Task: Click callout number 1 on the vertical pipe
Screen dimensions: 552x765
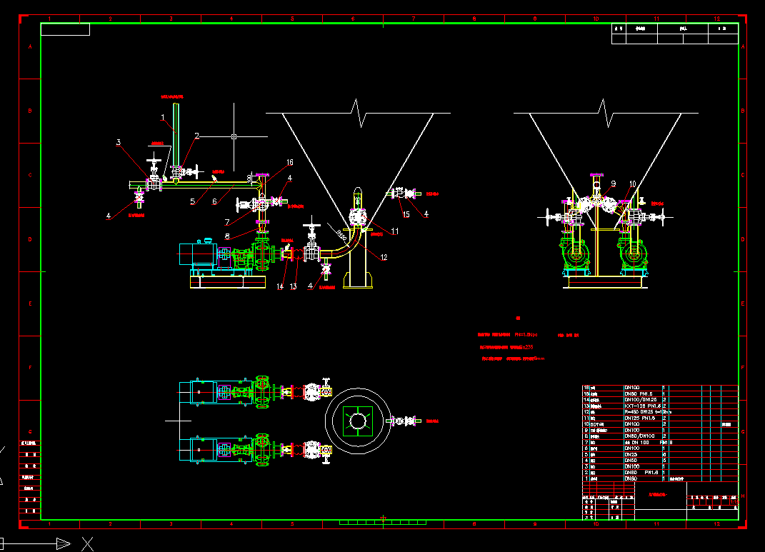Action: pos(163,116)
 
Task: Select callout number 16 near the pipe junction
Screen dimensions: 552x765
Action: pos(290,163)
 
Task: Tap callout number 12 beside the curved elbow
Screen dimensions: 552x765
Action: pos(384,257)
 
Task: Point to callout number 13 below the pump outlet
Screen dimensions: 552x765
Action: pos(293,287)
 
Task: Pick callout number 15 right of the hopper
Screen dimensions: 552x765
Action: pos(406,214)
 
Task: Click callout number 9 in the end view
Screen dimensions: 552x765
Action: pos(613,183)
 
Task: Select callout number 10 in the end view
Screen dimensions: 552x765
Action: pos(632,184)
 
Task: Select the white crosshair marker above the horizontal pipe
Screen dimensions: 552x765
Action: pos(234,136)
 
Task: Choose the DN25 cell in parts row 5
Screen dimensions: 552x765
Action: pos(631,454)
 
